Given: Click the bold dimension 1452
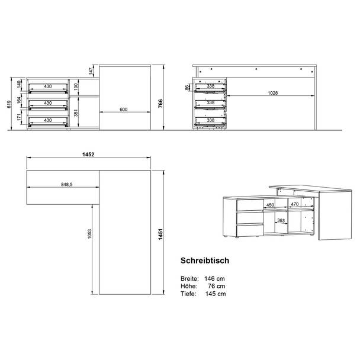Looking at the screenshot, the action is coord(88,155).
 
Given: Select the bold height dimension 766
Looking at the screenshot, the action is coord(160,104).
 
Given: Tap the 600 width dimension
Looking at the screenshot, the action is coord(124,110).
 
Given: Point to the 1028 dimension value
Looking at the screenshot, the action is coord(273,93).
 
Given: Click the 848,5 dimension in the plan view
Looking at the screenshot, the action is coord(67,184).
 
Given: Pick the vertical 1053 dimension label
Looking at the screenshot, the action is coord(89,234).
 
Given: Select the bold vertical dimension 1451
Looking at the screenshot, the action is coord(160,234).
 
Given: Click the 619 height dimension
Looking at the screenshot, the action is coord(9,104).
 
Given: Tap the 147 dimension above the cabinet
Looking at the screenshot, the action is coord(91,71).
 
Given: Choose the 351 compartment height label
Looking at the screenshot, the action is coord(76,113).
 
